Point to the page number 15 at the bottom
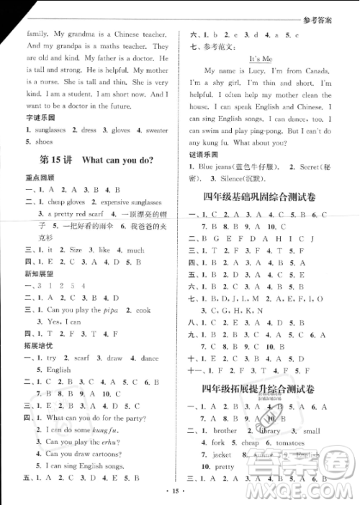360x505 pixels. (x=179, y=491)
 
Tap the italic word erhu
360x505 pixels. (x=108, y=442)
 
